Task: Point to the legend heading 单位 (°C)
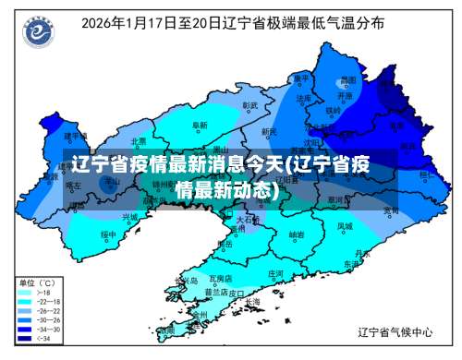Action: tap(37, 280)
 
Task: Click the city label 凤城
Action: tap(344, 225)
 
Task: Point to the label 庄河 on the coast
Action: tap(275, 273)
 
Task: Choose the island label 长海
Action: tap(252, 301)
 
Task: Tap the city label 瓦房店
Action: tap(220, 277)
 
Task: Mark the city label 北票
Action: tap(139, 141)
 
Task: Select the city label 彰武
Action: tap(249, 105)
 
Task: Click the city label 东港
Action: tap(351, 263)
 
